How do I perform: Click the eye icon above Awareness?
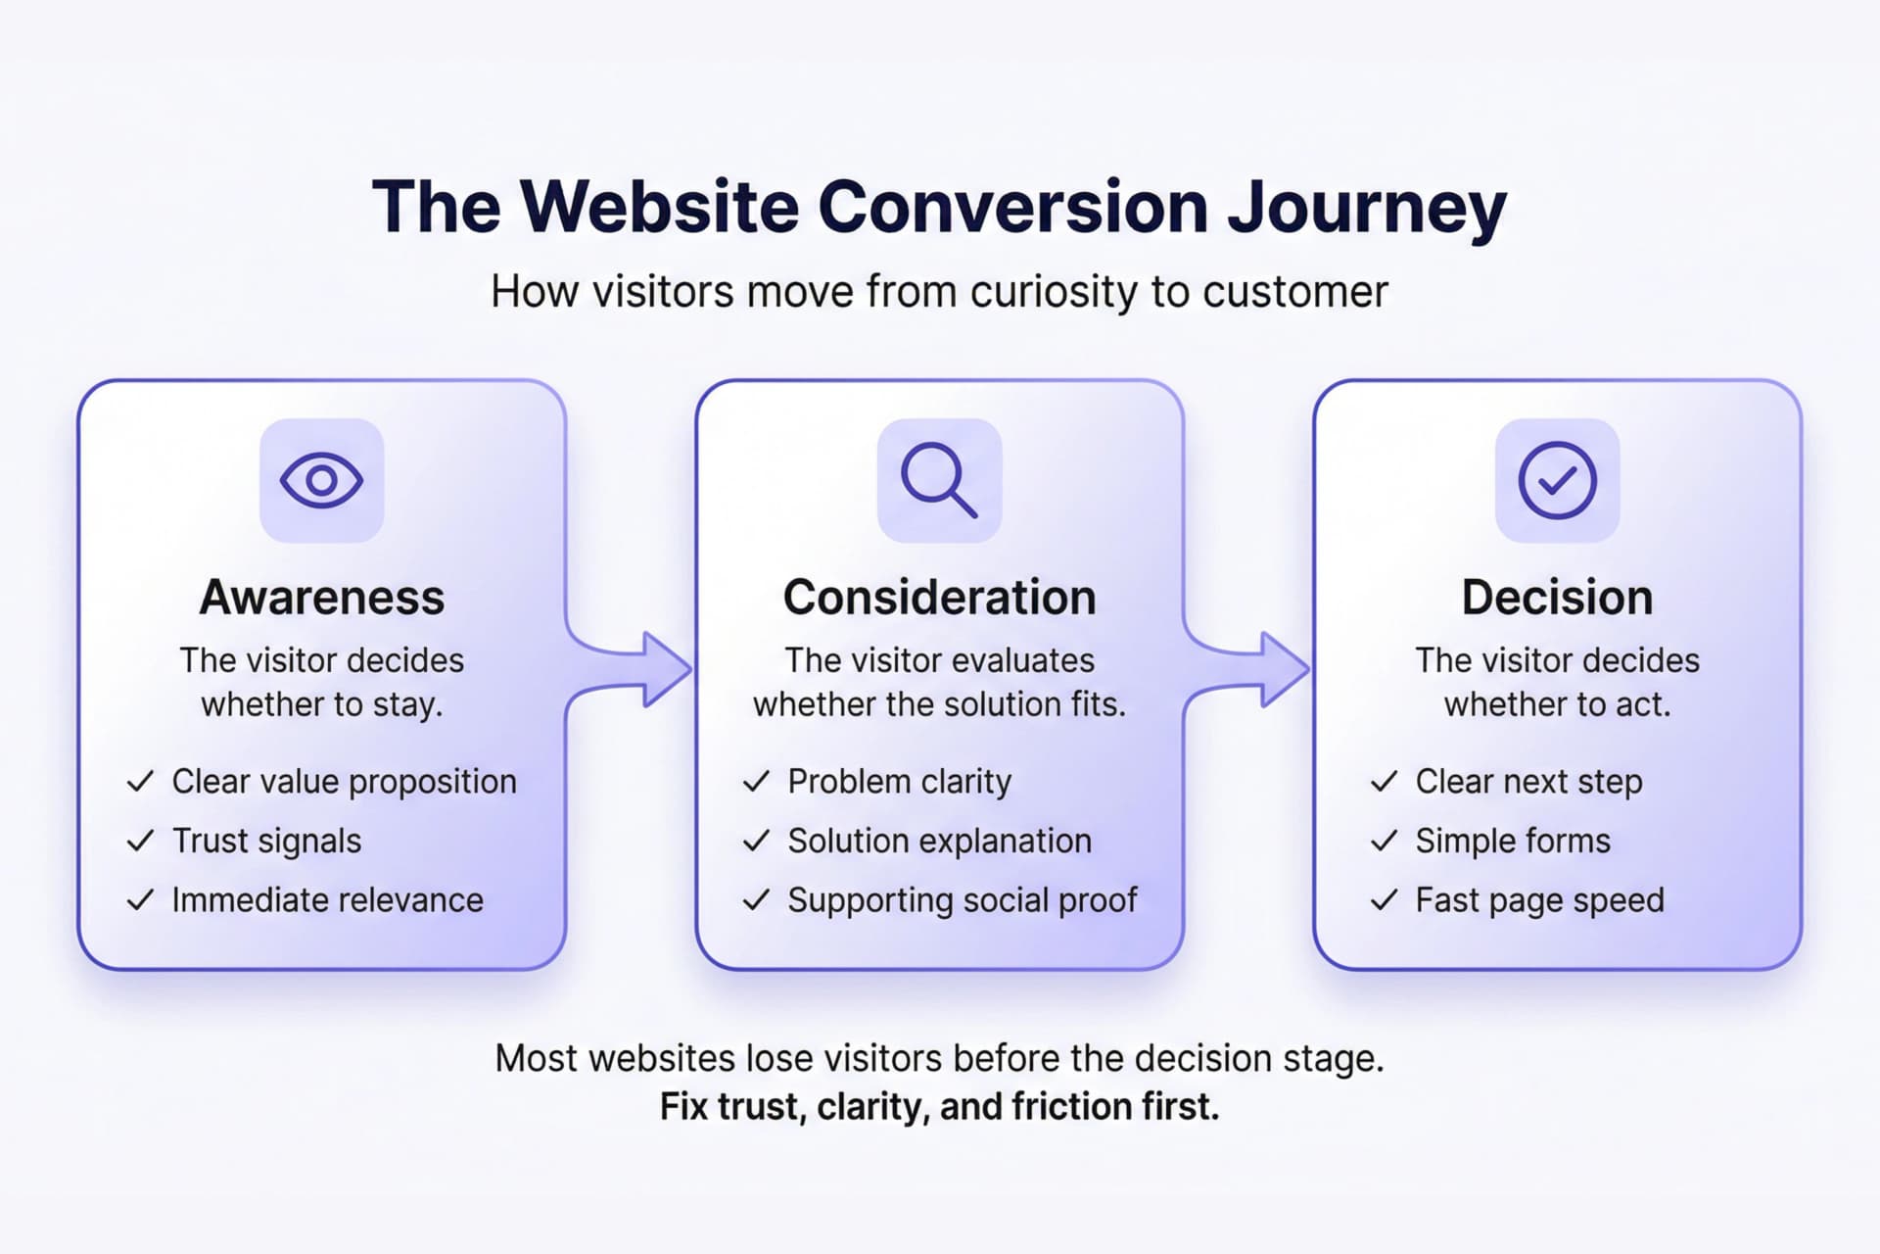tap(321, 480)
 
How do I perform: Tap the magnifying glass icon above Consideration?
tap(938, 479)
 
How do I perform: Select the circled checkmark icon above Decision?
tap(1557, 480)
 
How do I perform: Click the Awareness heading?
tap(321, 598)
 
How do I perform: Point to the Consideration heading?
tap(939, 598)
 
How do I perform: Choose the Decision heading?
tap(1557, 598)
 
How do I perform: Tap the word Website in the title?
tap(659, 207)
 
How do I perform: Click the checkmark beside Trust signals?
tap(141, 841)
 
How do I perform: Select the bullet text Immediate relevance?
tap(327, 900)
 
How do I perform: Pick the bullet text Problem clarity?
tap(899, 782)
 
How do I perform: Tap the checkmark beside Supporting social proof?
tap(756, 900)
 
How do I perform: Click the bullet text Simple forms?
tap(1512, 841)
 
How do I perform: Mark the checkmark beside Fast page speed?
tap(1384, 900)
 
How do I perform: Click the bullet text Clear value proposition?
tap(344, 782)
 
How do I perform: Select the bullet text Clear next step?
tap(1528, 782)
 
